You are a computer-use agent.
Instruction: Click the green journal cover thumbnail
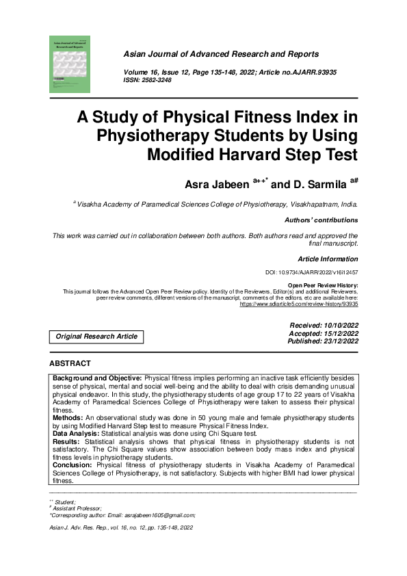[x=70, y=64]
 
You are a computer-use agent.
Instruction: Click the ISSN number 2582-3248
[x=157, y=80]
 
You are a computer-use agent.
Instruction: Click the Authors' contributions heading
[x=321, y=220]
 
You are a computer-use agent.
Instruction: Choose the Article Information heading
[x=328, y=259]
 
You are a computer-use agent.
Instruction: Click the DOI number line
[x=311, y=272]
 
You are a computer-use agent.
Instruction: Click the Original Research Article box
[x=96, y=337]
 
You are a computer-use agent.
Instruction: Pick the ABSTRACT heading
[x=70, y=363]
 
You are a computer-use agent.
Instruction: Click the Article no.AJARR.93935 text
[x=298, y=73]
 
